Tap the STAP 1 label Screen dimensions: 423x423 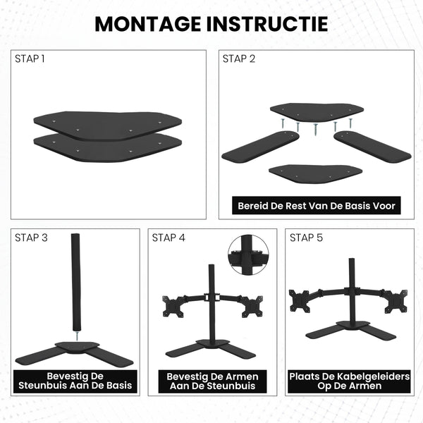tap(30, 59)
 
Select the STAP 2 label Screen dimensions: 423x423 tap(239, 59)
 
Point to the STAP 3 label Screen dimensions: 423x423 tap(31, 238)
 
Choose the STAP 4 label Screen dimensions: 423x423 tap(168, 238)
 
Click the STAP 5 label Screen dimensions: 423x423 tap(306, 238)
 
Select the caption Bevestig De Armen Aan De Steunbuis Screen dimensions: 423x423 tap(212, 381)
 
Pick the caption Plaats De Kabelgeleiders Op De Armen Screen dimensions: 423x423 tap(350, 381)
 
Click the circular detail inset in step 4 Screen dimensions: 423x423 tap(248, 255)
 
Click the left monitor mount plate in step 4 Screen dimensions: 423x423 tap(173, 306)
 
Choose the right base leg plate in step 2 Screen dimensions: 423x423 tap(372, 145)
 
